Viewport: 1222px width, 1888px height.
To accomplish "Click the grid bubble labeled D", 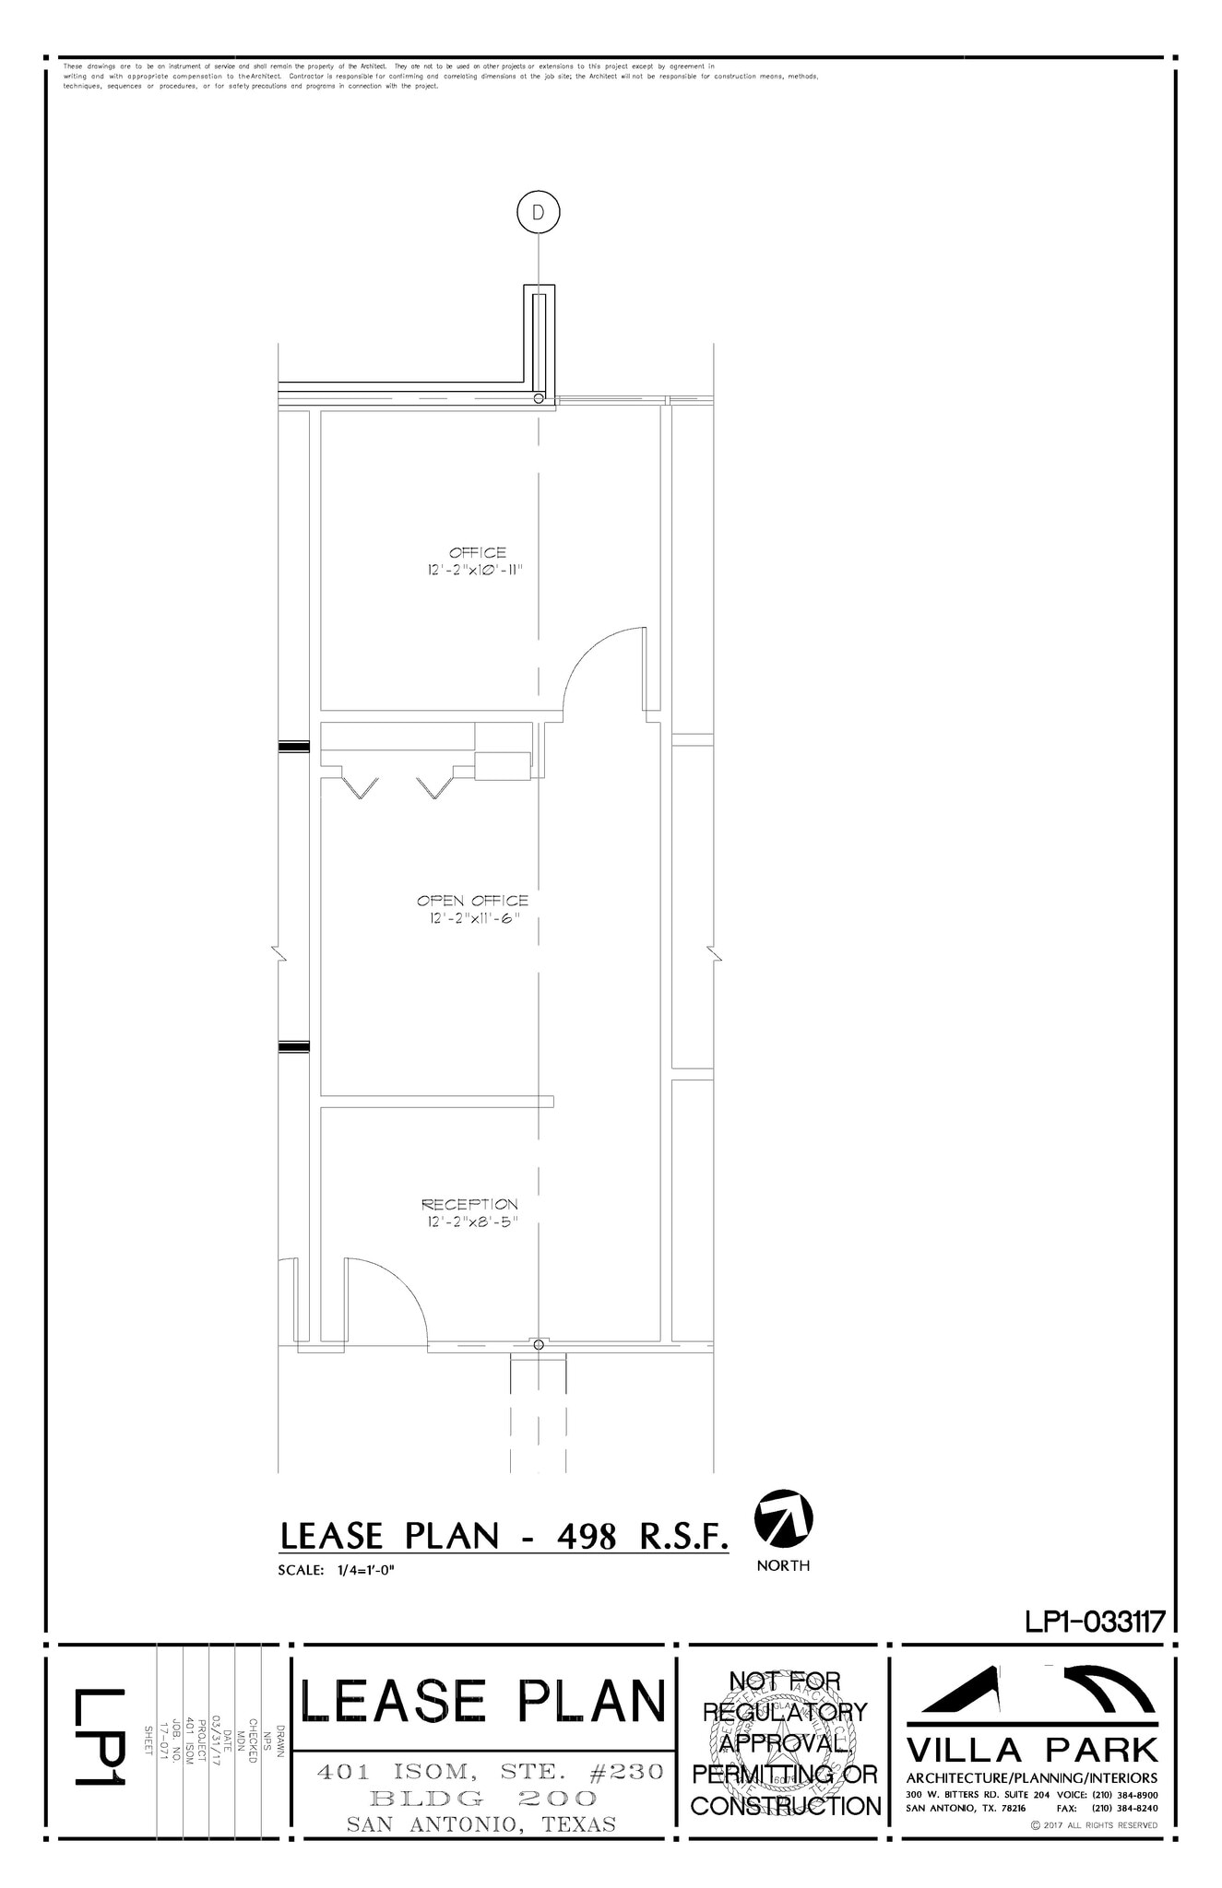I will (x=539, y=212).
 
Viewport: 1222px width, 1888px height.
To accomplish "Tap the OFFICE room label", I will (x=477, y=553).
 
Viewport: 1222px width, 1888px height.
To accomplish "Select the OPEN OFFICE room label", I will (x=472, y=901).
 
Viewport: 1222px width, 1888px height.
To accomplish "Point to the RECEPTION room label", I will (x=469, y=1204).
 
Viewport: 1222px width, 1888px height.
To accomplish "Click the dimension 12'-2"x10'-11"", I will (x=475, y=571).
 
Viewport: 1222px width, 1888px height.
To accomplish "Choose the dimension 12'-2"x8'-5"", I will (x=469, y=1222).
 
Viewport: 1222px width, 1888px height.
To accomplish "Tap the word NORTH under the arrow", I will (x=783, y=1565).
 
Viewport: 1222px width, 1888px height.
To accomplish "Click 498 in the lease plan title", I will (x=586, y=1536).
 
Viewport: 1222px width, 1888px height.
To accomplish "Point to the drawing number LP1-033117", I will (x=1096, y=1621).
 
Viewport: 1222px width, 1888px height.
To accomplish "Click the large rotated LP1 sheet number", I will (x=100, y=1738).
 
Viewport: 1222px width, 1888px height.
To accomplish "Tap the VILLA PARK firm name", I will (x=1031, y=1750).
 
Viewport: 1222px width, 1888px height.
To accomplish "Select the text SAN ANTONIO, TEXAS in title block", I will (x=480, y=1824).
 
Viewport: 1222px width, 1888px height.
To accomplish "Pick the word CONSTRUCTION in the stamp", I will (x=786, y=1806).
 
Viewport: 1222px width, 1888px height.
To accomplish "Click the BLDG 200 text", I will (x=482, y=1798).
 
